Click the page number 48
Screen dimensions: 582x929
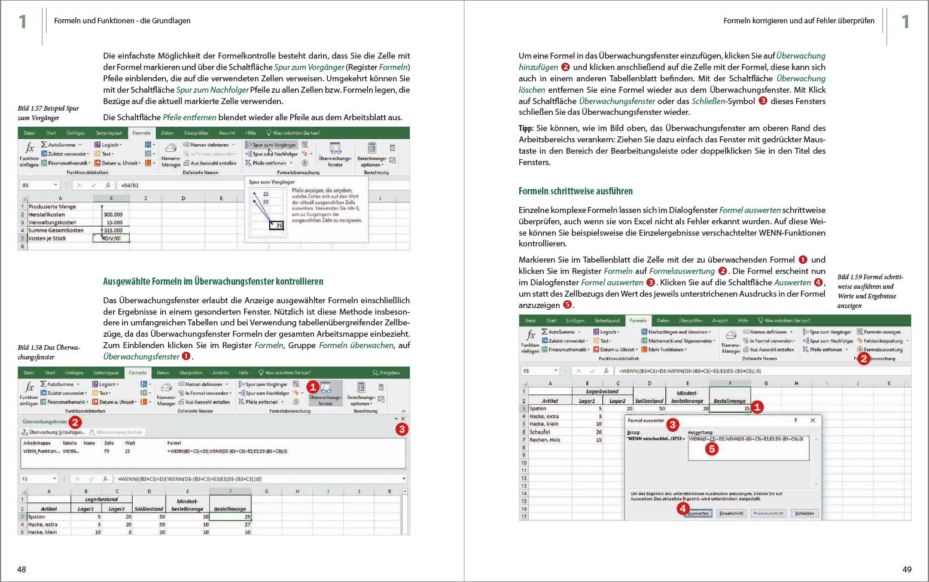[22, 569]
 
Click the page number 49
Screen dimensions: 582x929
[906, 569]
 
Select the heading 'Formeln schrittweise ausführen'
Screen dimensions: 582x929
[575, 191]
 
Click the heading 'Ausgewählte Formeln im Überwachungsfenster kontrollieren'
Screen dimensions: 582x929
[213, 281]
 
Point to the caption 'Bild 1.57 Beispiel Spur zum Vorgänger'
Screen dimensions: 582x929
[48, 113]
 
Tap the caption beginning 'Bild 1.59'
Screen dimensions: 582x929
[870, 291]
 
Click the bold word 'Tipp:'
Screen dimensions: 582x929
[526, 129]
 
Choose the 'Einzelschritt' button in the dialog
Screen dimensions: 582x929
[731, 513]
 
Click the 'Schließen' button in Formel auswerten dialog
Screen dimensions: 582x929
[804, 513]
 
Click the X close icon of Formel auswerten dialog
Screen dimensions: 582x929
[812, 420]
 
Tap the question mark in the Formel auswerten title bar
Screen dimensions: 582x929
[795, 420]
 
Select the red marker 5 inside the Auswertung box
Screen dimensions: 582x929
[711, 449]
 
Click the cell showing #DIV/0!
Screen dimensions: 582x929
[112, 238]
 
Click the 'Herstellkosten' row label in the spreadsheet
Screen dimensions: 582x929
[47, 215]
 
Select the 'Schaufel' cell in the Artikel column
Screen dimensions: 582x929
[540, 432]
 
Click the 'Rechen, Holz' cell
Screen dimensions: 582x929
[545, 440]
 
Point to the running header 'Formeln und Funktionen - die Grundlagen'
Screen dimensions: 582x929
[122, 21]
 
